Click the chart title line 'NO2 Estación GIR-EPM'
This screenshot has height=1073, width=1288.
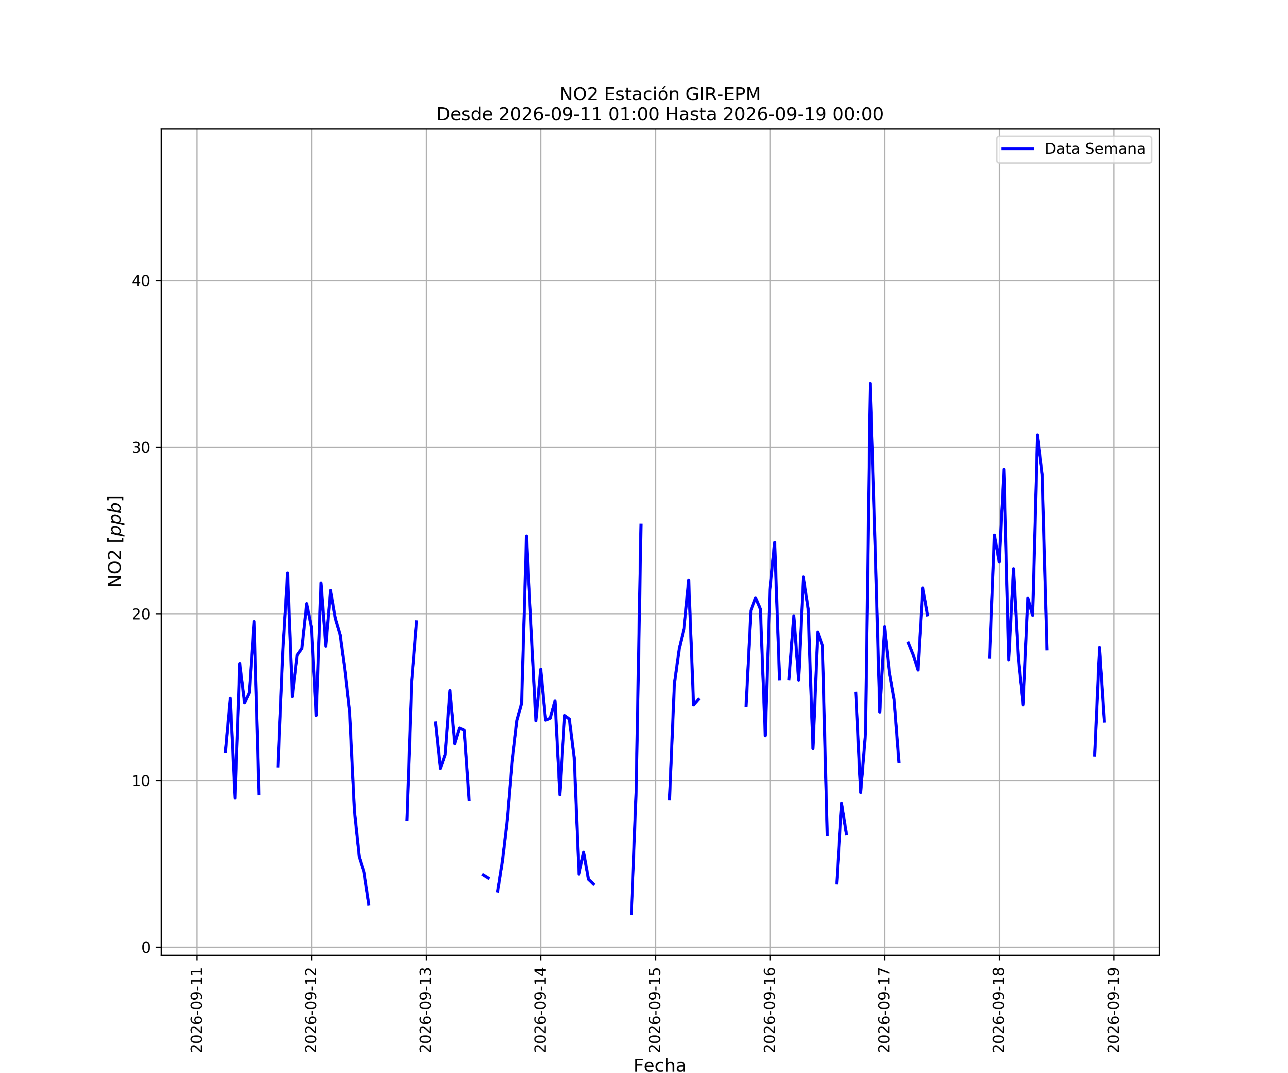(660, 94)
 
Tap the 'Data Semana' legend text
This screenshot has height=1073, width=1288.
(1095, 149)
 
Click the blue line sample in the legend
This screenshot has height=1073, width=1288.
(1018, 149)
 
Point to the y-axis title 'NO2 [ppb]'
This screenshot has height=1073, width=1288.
(115, 541)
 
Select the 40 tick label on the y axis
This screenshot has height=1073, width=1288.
(141, 281)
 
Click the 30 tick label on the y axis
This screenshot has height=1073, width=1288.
(141, 447)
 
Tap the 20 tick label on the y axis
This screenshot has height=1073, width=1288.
(141, 614)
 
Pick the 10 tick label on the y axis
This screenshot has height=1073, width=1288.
(141, 781)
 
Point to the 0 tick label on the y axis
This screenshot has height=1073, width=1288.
(146, 948)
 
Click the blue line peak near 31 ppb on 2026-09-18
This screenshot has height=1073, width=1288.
(1037, 435)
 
